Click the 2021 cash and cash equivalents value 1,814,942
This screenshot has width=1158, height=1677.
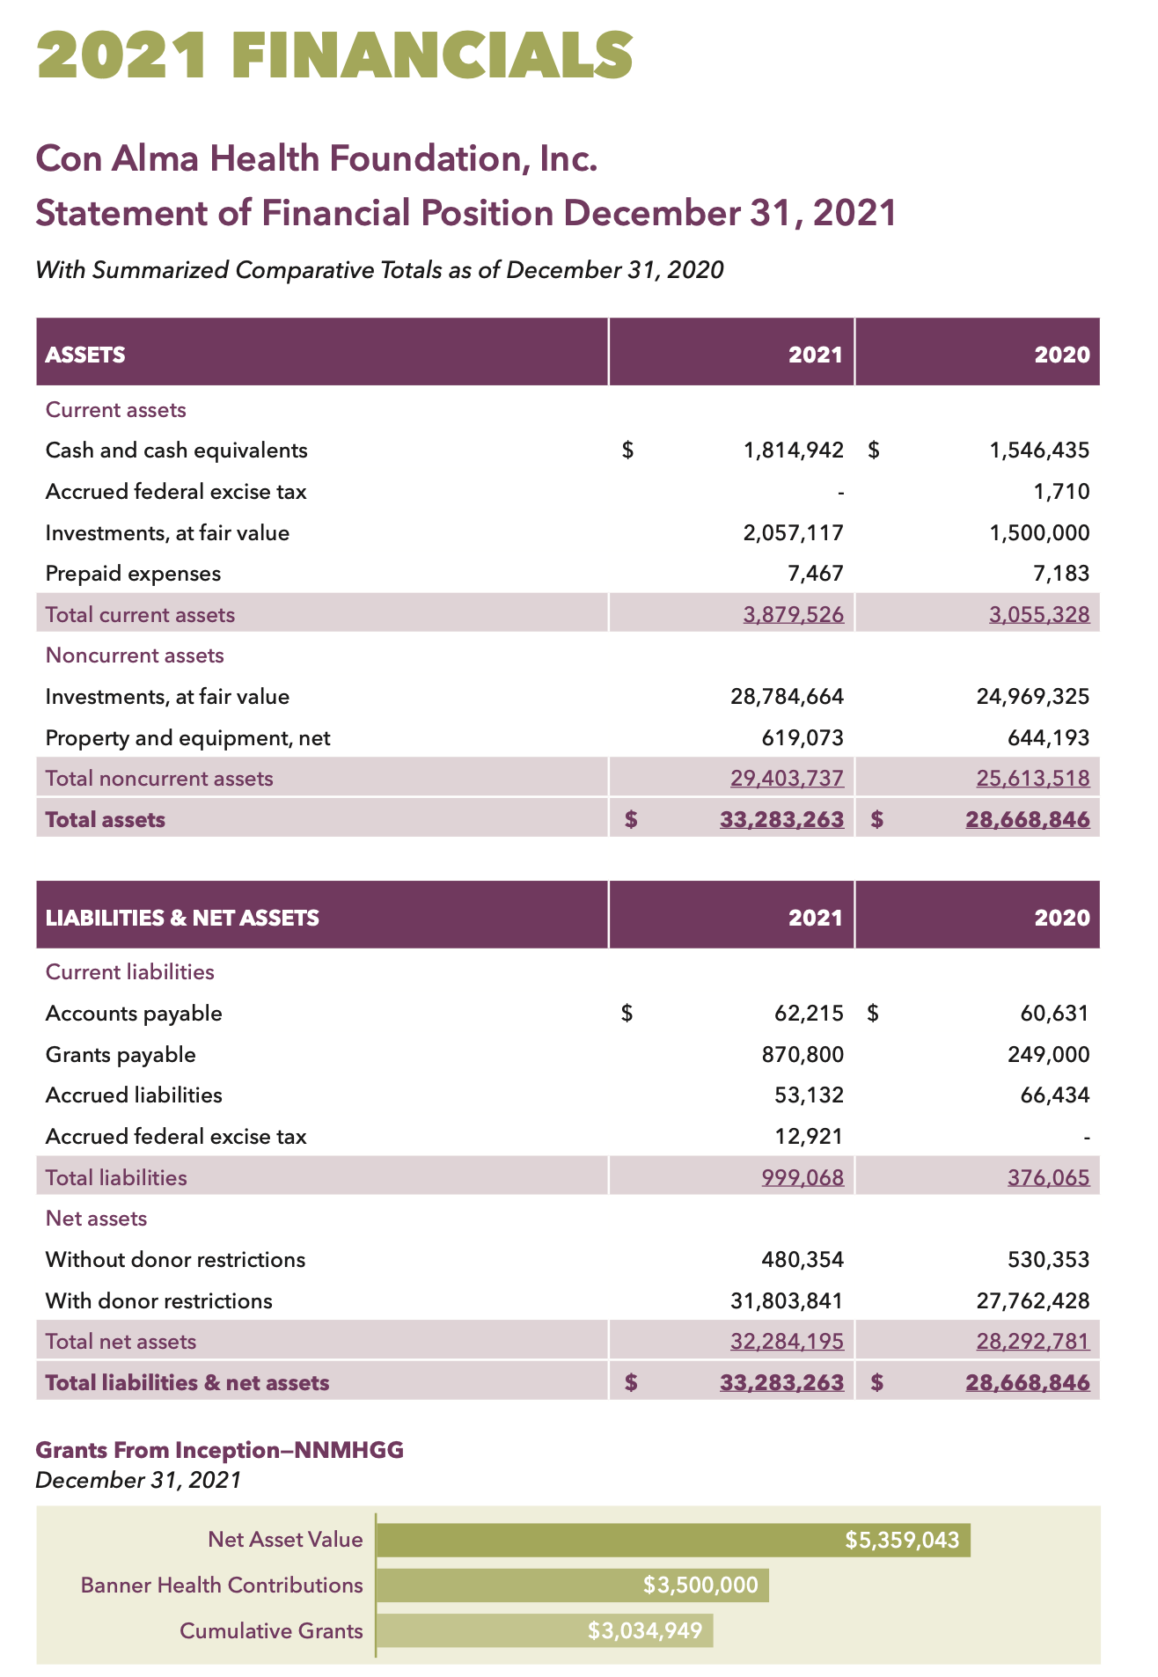[793, 450]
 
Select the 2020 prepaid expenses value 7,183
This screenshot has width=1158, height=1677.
[1061, 574]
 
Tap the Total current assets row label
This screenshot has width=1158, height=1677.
[140, 615]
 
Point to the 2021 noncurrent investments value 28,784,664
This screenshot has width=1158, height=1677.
[787, 697]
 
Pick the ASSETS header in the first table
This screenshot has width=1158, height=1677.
[85, 355]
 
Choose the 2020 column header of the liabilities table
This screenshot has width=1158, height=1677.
[1062, 918]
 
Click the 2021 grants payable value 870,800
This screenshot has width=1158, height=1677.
[802, 1054]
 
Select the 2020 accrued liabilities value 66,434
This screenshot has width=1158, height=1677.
[1053, 1095]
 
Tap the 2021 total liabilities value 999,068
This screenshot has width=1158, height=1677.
[802, 1177]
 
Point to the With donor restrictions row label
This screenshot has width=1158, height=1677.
[158, 1300]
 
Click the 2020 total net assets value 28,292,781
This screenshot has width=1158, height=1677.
[1032, 1342]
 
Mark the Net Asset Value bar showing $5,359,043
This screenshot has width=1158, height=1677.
[673, 1540]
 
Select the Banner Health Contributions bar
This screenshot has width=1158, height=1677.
[572, 1585]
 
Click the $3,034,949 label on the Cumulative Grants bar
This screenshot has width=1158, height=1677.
[645, 1631]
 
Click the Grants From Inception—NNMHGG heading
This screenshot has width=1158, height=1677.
[219, 1450]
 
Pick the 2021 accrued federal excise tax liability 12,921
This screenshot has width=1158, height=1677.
[809, 1137]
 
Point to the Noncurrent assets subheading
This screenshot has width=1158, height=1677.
[135, 655]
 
